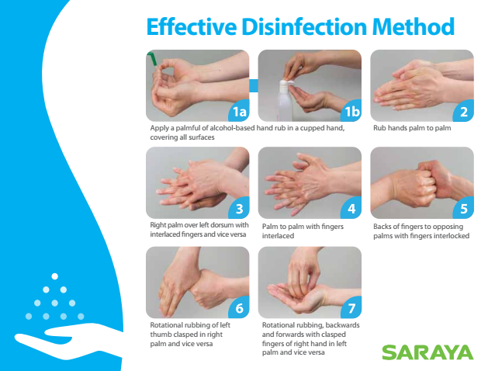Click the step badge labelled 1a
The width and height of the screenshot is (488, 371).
coord(239,112)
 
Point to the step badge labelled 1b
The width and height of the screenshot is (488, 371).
coord(351,112)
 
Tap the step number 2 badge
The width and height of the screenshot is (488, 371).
coord(464,112)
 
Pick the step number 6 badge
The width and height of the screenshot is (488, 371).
coord(239,308)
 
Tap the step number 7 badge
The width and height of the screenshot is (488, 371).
coord(351,308)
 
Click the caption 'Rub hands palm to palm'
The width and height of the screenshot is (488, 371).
coord(412,129)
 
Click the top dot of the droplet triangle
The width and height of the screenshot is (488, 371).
coord(54,276)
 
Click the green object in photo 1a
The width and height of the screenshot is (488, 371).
coord(153,59)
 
